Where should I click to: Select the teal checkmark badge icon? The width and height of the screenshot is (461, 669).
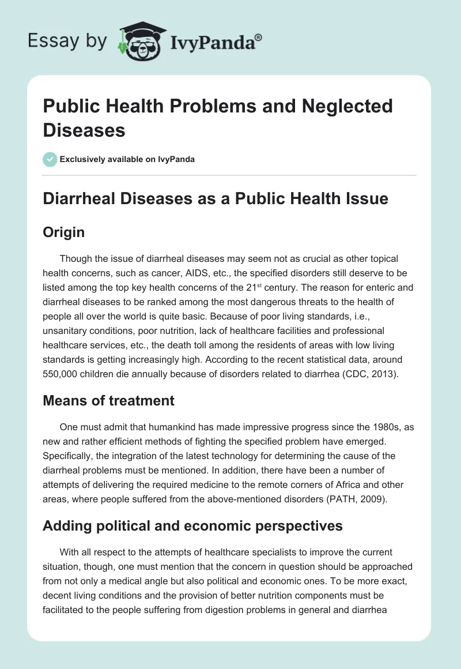50,159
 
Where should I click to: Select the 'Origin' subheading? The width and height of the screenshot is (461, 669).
64,232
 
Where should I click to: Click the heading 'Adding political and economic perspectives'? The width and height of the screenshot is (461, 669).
193,525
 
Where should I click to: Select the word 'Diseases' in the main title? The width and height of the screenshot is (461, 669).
84,130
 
